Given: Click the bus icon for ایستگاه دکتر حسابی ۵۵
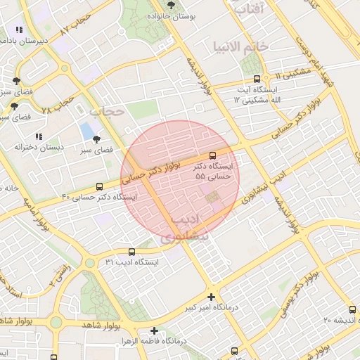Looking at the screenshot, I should [212, 156].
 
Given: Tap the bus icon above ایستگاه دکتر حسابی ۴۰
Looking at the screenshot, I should [99, 186].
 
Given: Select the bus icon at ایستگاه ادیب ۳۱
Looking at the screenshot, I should [131, 252].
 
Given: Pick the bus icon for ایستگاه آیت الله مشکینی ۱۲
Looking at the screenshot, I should [256, 79].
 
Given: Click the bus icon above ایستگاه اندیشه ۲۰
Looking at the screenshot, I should [352, 309].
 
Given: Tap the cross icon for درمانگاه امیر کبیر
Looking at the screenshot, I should [211, 297].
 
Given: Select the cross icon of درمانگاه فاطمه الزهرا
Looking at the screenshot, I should [154, 330].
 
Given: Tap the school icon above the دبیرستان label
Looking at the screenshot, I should [18, 30].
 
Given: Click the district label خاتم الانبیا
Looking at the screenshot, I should [241, 46].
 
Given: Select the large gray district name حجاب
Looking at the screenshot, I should [107, 111].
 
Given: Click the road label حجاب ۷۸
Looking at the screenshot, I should [58, 106].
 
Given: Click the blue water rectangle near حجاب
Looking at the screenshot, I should [88, 131].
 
